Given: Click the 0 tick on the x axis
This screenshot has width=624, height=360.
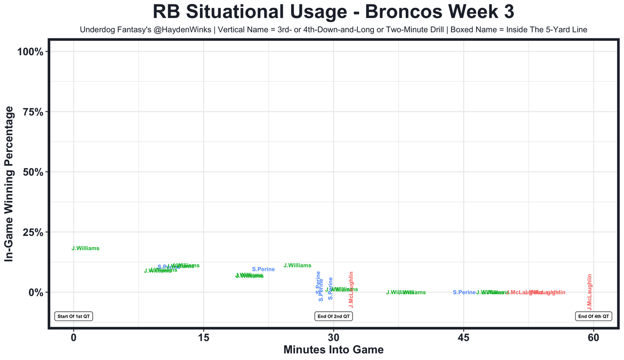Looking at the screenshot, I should click(x=74, y=338).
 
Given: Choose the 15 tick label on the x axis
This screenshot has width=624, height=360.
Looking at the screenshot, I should click(x=204, y=338).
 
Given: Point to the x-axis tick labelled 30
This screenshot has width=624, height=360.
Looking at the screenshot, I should click(x=333, y=338).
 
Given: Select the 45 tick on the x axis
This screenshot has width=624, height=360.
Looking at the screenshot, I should click(x=464, y=338).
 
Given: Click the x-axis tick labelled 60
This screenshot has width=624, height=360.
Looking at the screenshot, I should click(x=593, y=338).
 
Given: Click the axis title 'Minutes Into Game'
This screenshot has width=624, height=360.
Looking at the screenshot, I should click(x=333, y=350).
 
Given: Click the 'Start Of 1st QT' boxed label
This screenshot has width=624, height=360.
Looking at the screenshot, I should click(x=74, y=316).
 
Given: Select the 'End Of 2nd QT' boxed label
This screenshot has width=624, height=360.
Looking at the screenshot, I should click(x=333, y=316).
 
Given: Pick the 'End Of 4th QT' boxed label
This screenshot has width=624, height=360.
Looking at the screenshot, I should click(x=593, y=316).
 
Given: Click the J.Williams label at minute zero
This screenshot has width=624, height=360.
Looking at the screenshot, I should click(x=85, y=248).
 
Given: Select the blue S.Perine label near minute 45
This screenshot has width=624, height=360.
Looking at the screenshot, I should click(x=464, y=292).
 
